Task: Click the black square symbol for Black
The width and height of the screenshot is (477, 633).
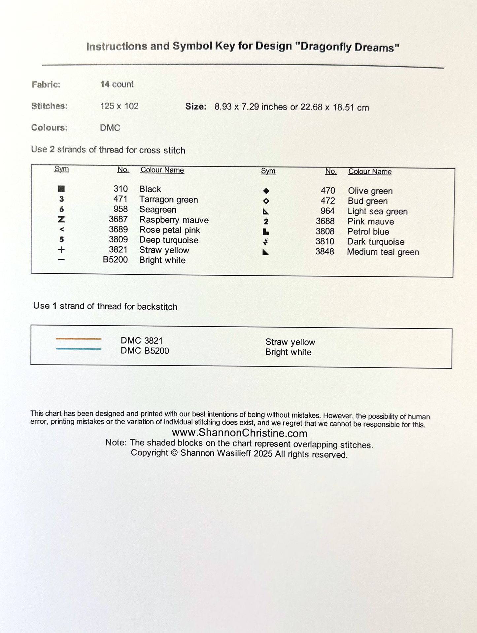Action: pyautogui.click(x=61, y=189)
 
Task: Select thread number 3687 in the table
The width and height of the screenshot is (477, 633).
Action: pyautogui.click(x=118, y=219)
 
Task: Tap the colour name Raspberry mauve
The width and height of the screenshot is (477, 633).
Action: pyautogui.click(x=174, y=220)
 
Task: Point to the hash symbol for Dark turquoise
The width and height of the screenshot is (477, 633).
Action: pyautogui.click(x=265, y=242)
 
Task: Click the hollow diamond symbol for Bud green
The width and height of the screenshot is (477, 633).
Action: pyautogui.click(x=266, y=201)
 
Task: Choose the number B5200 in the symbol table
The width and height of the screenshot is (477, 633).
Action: pyautogui.click(x=115, y=260)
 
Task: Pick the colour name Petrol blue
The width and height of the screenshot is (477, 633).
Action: pyautogui.click(x=368, y=231)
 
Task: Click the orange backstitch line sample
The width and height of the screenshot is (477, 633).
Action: pyautogui.click(x=78, y=339)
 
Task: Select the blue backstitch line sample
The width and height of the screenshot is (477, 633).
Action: pyautogui.click(x=78, y=349)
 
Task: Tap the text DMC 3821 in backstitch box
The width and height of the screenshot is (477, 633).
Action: pyautogui.click(x=142, y=340)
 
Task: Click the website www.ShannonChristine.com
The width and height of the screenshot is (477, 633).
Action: pyautogui.click(x=240, y=433)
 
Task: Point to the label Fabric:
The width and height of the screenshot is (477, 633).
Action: pyautogui.click(x=46, y=85)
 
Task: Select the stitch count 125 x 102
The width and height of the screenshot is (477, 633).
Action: pyautogui.click(x=119, y=106)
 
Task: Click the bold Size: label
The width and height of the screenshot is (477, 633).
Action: pyautogui.click(x=196, y=107)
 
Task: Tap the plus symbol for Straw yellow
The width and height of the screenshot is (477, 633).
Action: pyautogui.click(x=61, y=250)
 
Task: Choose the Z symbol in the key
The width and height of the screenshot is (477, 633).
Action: pyautogui.click(x=61, y=219)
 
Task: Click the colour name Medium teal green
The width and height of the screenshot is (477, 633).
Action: pyautogui.click(x=383, y=252)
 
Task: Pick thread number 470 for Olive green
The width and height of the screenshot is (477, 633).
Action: pyautogui.click(x=328, y=191)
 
